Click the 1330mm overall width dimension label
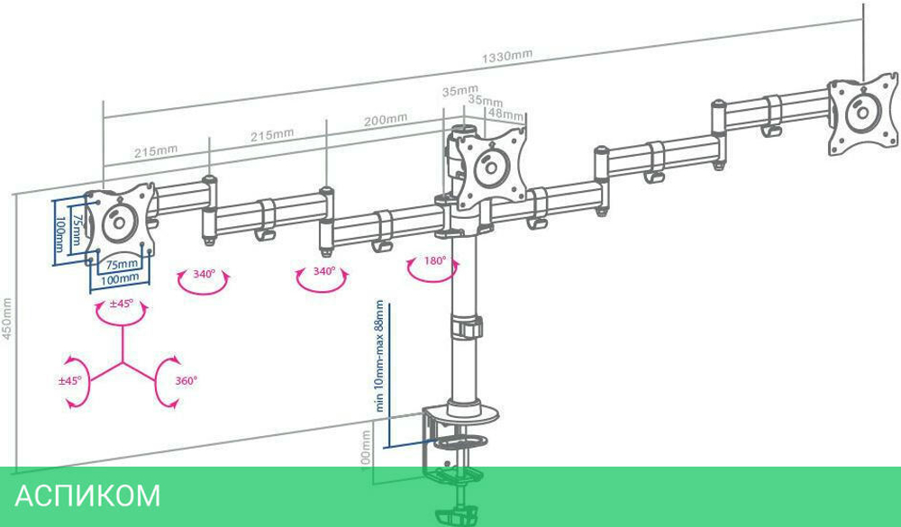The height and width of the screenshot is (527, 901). point(506,56)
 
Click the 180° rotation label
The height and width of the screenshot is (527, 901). point(436,261)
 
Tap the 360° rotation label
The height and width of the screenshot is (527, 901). point(186,381)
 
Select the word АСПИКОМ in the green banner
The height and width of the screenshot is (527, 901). point(87,495)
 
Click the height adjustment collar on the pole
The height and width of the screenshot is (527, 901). point(466,327)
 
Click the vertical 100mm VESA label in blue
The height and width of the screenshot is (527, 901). point(60,234)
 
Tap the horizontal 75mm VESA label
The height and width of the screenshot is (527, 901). point(122,265)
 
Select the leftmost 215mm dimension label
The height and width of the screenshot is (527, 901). point(155,150)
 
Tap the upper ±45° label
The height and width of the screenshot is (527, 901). point(122,304)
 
